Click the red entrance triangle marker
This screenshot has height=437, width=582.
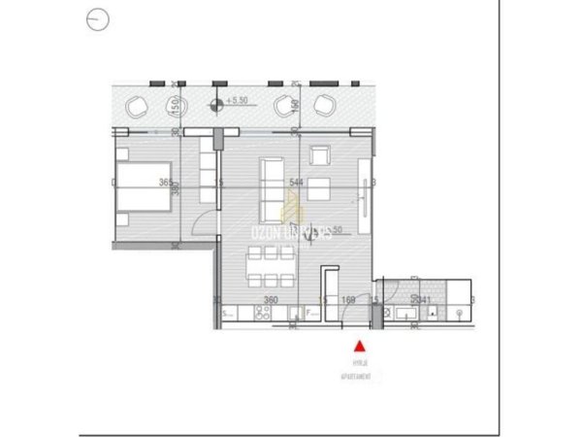pos(360,344)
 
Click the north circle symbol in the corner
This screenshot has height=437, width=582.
pos(97,17)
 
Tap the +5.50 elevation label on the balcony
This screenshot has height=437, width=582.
pos(238,100)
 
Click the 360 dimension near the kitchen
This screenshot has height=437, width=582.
pos(272,300)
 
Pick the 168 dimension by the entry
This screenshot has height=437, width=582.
pos(349,300)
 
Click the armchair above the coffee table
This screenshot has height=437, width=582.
pos(320,155)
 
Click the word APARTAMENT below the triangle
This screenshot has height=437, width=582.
pos(360,372)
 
